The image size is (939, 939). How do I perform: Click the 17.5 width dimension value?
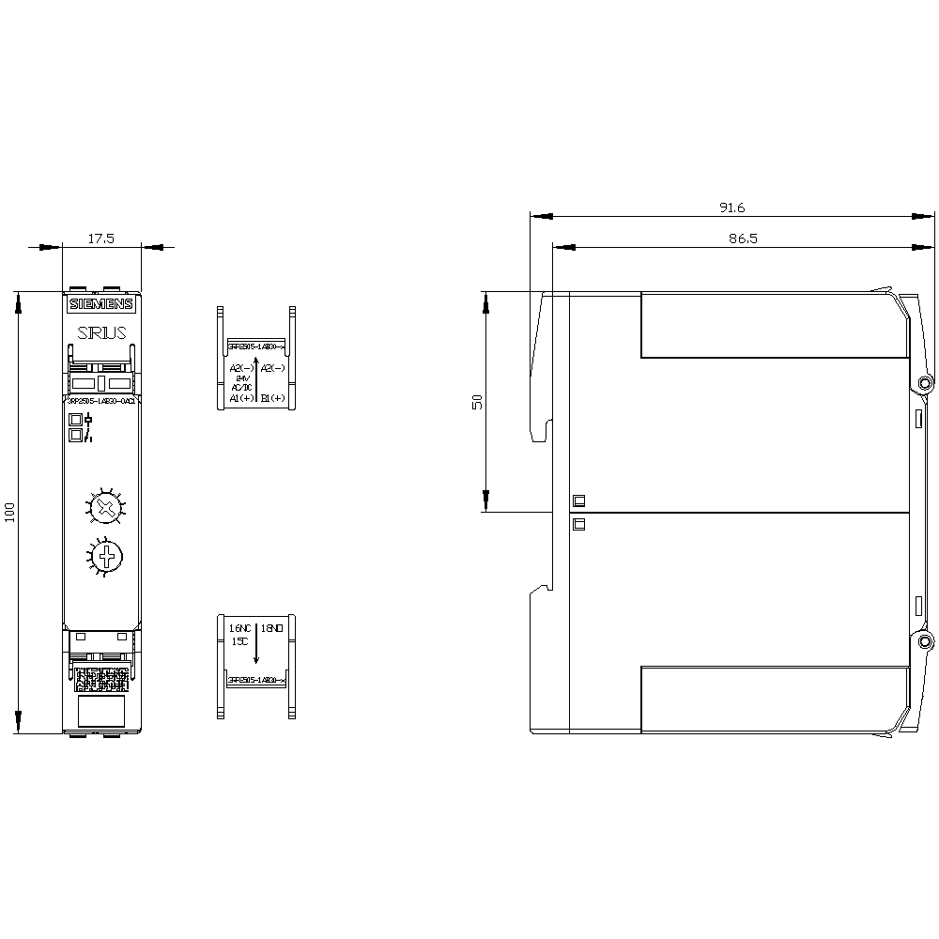[x=100, y=239]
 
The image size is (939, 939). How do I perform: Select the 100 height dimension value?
[x=10, y=513]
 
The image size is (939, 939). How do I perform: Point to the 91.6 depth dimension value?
[x=731, y=208]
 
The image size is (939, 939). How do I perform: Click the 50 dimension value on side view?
[x=477, y=401]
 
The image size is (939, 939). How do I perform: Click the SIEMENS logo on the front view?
[x=101, y=304]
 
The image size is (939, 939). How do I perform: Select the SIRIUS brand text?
[x=101, y=332]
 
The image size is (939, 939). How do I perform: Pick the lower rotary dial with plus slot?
[x=107, y=556]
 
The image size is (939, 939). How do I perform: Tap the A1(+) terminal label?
[x=240, y=398]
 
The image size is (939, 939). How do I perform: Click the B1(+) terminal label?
[x=272, y=398]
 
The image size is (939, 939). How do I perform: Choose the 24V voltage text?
[x=242, y=377]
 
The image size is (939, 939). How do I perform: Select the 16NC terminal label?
[x=240, y=626]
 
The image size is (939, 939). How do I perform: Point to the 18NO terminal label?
[x=272, y=626]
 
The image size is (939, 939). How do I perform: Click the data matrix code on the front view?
[x=100, y=679]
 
